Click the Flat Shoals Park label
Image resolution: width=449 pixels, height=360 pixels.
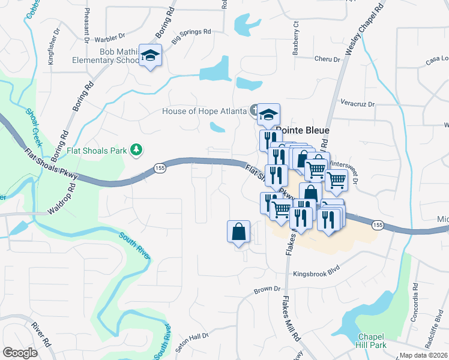point(97,149)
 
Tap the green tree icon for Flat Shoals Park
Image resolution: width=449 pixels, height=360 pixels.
point(137,149)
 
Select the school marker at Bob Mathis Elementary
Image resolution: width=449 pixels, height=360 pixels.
point(150,56)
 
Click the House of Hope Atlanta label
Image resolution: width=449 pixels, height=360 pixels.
point(204,111)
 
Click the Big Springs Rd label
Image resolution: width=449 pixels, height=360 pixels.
point(191,36)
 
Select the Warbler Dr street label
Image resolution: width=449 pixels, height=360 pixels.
point(109,40)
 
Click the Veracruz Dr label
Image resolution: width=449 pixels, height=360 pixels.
point(357,104)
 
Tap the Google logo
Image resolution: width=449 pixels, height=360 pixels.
point(20,353)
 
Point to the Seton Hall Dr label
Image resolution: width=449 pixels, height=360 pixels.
point(191,343)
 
